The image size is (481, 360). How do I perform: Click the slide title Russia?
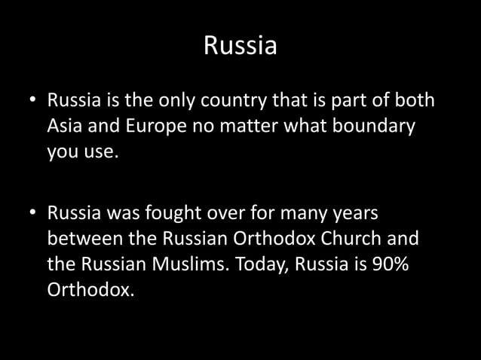[x=240, y=47]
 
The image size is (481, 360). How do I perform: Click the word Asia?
[x=68, y=127]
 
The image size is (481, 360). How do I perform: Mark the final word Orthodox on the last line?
[x=90, y=291]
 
